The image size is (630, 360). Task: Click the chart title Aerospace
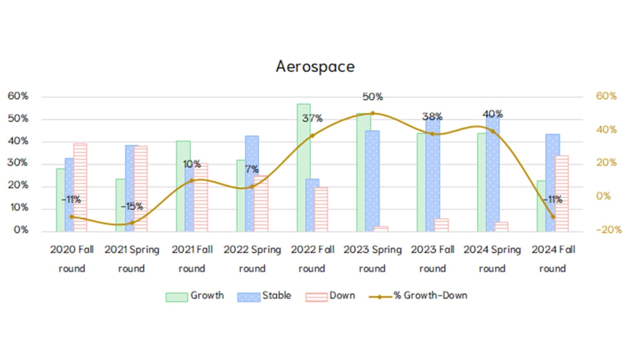click(315, 66)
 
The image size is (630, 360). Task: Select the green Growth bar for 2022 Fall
click(303, 167)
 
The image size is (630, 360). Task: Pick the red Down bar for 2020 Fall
click(80, 187)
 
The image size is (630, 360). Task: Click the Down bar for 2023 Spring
click(381, 228)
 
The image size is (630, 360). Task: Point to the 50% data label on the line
click(372, 97)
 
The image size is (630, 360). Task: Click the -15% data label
click(132, 206)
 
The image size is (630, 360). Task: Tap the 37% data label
click(312, 118)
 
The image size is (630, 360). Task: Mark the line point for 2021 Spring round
click(132, 222)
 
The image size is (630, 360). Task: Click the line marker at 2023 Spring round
click(372, 113)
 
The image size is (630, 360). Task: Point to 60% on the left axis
click(18, 96)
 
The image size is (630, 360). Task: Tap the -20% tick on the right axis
click(610, 230)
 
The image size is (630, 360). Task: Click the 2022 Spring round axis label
click(252, 258)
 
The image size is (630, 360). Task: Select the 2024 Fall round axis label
click(552, 258)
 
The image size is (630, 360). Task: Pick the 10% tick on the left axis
click(18, 208)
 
